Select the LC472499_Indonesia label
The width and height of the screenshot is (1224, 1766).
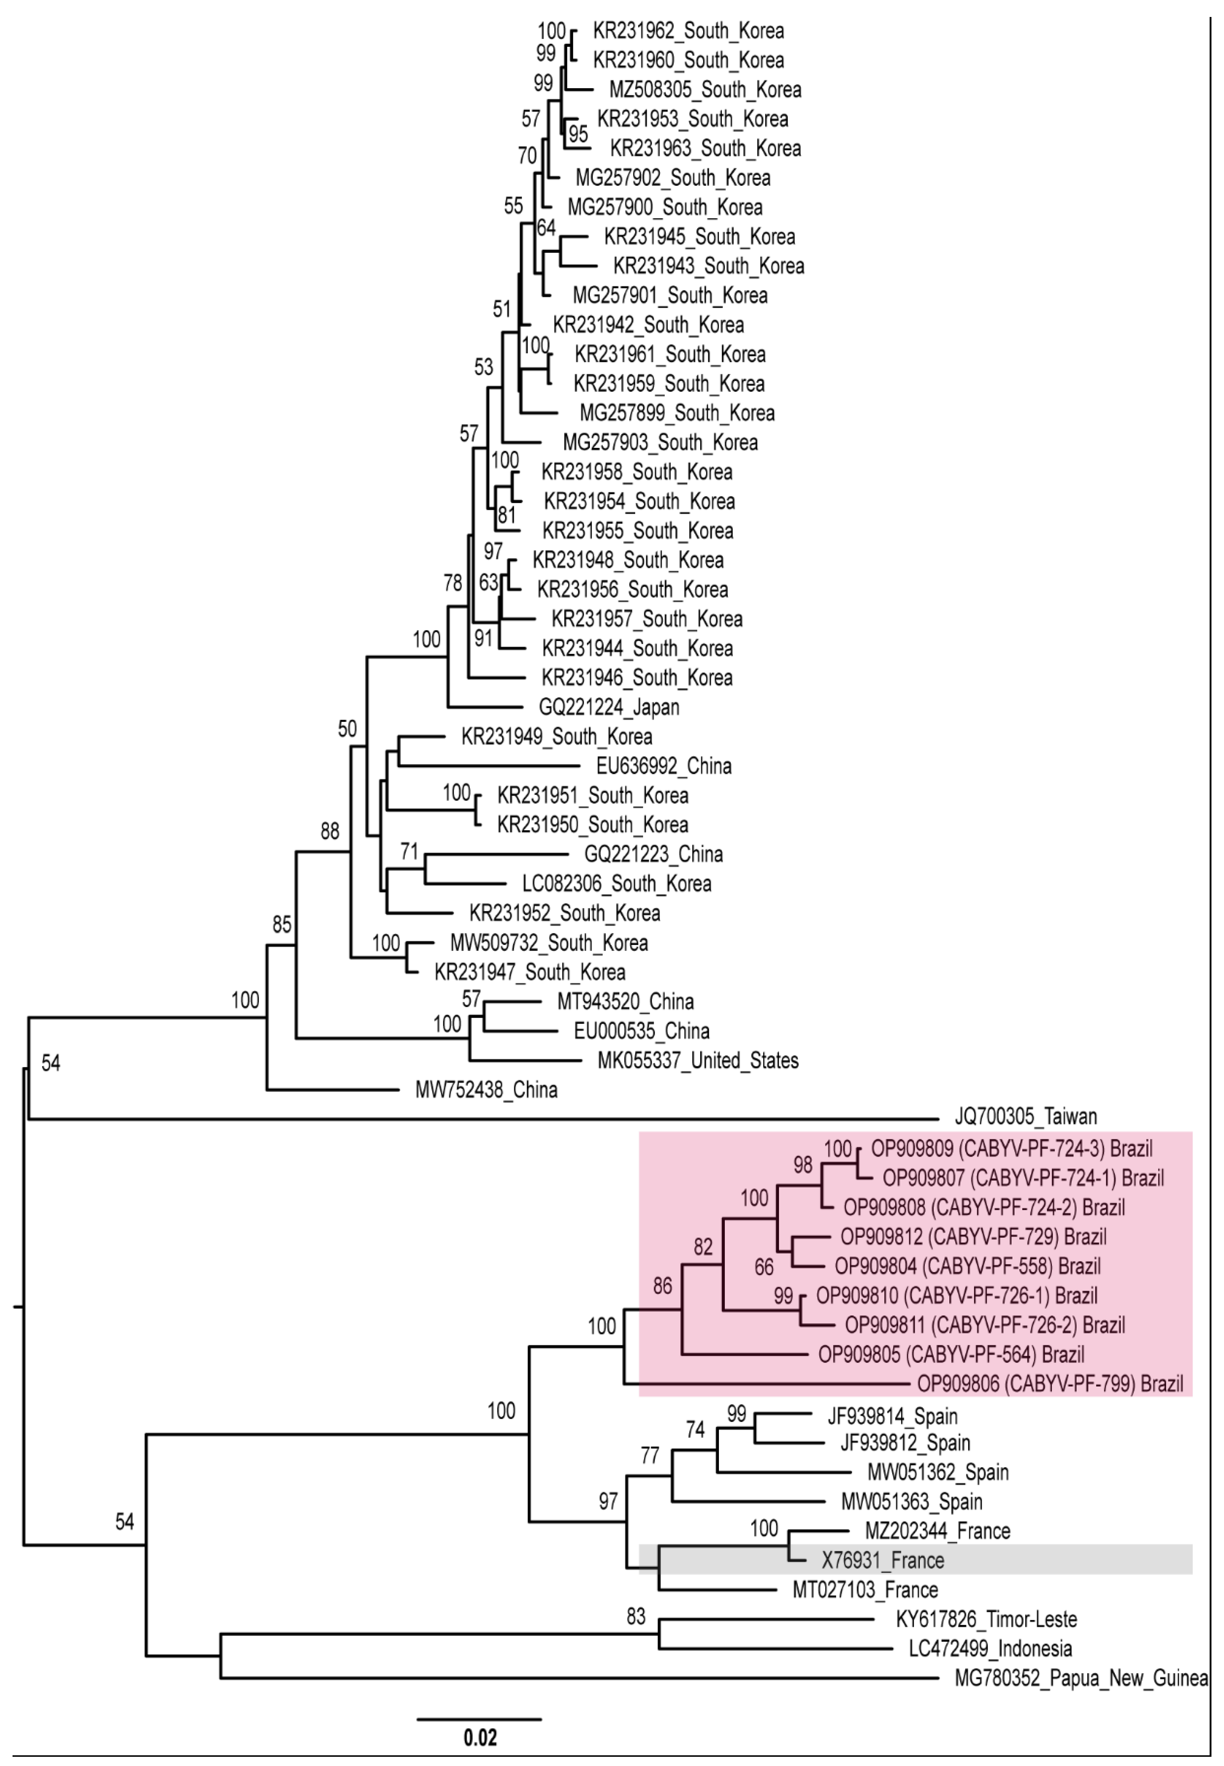(x=990, y=1649)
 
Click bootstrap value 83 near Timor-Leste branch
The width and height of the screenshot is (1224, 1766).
(x=636, y=1616)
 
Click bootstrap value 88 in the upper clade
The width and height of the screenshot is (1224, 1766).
(x=330, y=831)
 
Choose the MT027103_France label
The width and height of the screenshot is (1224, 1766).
(x=865, y=1590)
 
